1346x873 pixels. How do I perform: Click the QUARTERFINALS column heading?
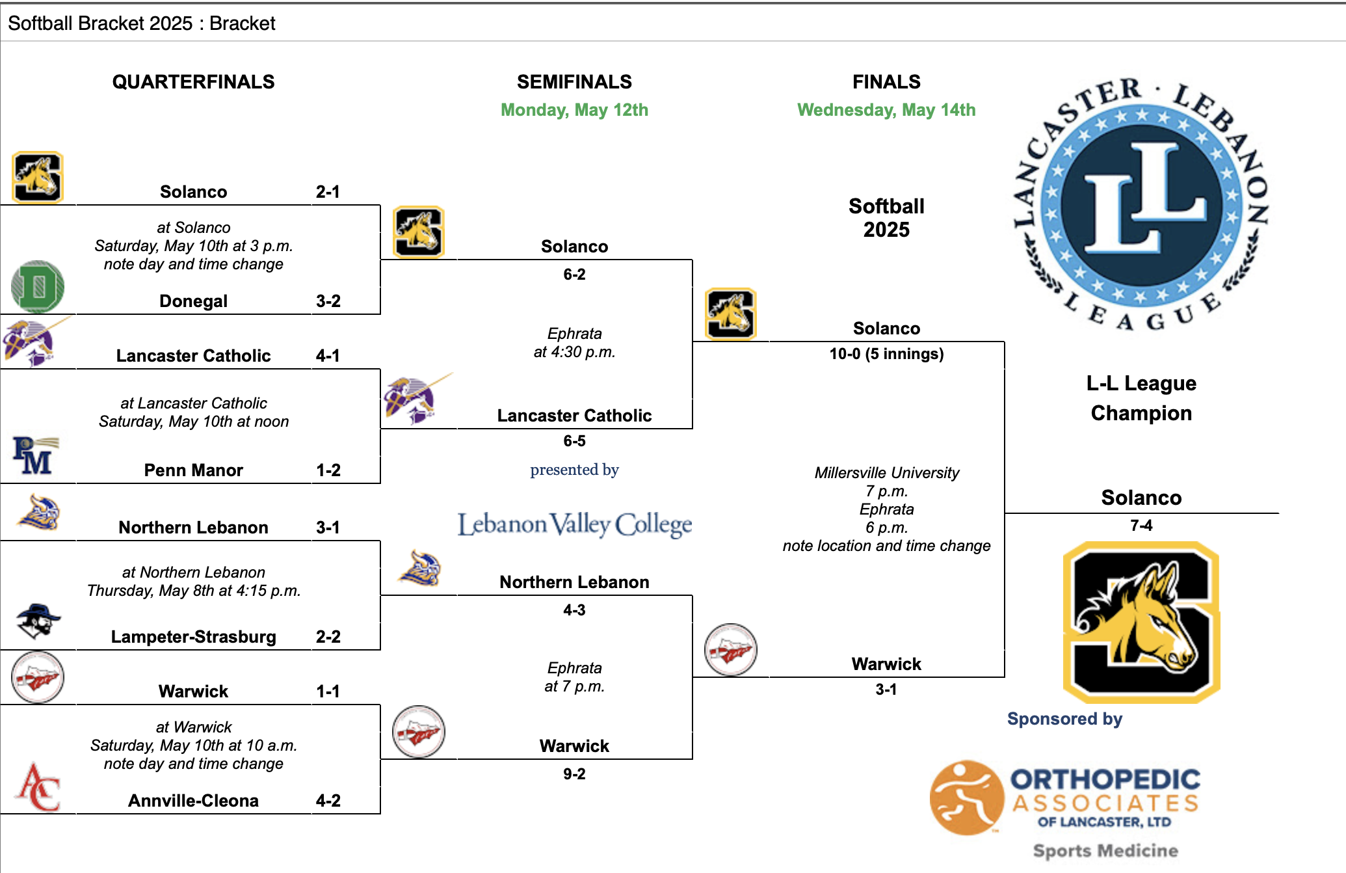[x=193, y=82]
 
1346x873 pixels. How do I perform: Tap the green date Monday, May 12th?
[x=574, y=110]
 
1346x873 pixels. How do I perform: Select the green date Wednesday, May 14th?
[x=886, y=110]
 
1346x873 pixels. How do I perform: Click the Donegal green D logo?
[x=38, y=287]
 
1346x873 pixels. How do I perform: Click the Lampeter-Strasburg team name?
[x=193, y=637]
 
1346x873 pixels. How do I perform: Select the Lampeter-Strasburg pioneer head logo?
[x=38, y=621]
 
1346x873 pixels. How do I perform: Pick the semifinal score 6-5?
[x=574, y=441]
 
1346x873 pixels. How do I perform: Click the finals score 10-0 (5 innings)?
[x=886, y=354]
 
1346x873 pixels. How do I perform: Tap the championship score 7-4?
[x=1141, y=526]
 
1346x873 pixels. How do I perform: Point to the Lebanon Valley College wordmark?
[x=575, y=524]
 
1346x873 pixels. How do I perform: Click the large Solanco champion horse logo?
[x=1141, y=622]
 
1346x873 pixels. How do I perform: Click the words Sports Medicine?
[x=1105, y=851]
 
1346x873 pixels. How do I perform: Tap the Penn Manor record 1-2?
[x=328, y=470]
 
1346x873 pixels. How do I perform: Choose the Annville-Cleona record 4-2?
[x=328, y=801]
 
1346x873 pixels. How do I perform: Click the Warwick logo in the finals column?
[x=731, y=650]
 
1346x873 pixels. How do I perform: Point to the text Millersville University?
[x=886, y=473]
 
